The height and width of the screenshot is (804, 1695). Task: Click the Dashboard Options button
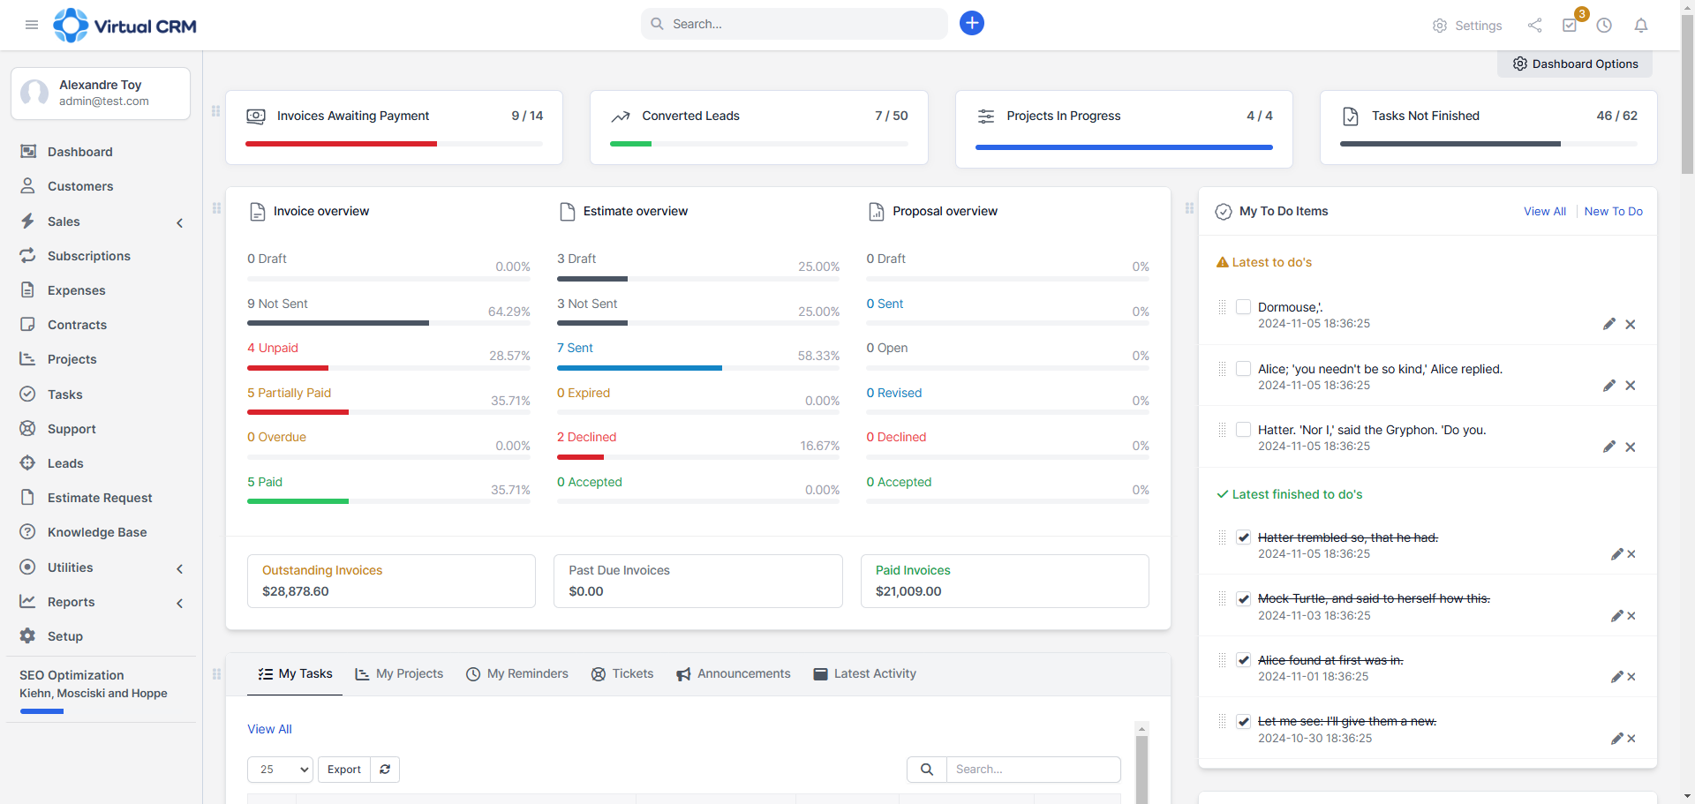coord(1575,64)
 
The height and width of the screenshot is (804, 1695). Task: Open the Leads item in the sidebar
coord(65,463)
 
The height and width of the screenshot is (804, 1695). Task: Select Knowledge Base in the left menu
coord(97,532)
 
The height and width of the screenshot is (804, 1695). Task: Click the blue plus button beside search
coord(971,23)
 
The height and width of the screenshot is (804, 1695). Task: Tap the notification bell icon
coord(1640,26)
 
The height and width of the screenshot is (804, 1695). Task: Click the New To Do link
coord(1613,211)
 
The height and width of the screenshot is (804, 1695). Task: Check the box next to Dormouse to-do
coord(1243,307)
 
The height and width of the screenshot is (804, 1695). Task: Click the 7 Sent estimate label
coord(575,348)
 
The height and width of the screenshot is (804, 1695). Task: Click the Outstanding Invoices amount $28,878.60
coord(295,591)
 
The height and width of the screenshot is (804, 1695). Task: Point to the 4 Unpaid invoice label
coord(273,348)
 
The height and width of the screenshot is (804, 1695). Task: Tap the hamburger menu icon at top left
coord(32,25)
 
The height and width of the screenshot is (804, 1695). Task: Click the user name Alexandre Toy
coord(100,85)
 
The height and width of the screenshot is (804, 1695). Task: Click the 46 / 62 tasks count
coord(1616,116)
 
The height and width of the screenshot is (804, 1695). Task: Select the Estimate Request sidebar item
coord(100,498)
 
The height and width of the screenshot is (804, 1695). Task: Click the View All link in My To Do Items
coord(1544,211)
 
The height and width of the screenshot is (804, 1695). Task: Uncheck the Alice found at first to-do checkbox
coord(1243,660)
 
